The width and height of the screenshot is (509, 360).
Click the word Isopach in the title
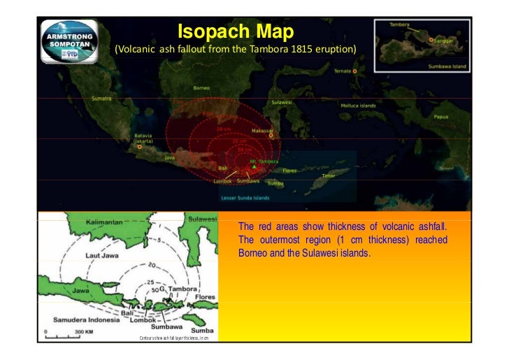click(205, 32)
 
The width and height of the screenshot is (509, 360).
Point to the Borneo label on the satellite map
click(202, 88)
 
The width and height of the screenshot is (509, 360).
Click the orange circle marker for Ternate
click(355, 71)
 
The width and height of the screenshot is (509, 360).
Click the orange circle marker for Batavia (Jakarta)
click(140, 147)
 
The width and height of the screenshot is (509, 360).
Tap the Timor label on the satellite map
click(328, 175)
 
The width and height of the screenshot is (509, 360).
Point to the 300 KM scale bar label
click(86, 331)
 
